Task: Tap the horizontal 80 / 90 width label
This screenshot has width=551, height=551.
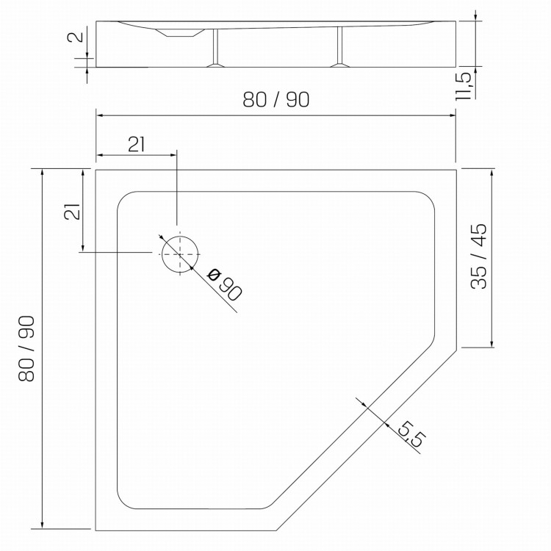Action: tap(276, 101)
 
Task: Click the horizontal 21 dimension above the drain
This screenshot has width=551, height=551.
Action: tap(135, 144)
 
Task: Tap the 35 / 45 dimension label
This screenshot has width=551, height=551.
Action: tap(478, 256)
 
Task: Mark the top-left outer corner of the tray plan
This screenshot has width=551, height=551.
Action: tap(96, 170)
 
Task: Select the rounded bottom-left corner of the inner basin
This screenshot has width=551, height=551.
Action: tap(125, 501)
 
